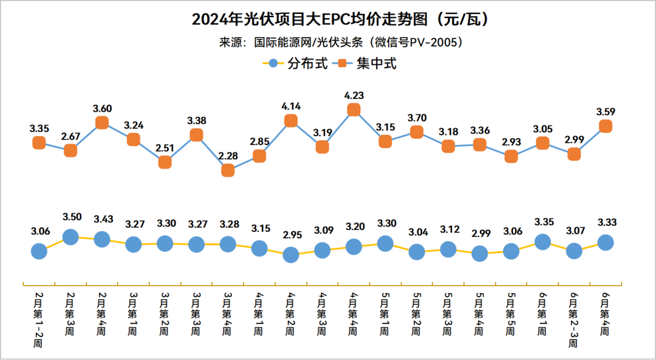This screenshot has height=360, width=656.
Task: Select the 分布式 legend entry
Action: coord(299,63)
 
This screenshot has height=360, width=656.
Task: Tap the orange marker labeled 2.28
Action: coord(228,171)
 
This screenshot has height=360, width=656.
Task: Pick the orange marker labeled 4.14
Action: coord(291,121)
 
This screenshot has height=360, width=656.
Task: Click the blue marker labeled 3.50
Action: coord(70,237)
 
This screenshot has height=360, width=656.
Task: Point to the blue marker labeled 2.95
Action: coord(291,255)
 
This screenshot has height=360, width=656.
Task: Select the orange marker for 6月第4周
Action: coord(606,126)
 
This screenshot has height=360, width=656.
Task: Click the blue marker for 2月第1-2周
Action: coord(39,251)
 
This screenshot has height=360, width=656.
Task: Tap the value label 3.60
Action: coord(102,109)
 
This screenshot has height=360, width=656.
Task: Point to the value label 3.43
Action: coord(102,219)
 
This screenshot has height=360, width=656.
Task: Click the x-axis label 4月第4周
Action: coord(354,314)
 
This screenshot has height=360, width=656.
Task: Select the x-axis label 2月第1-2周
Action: coord(39,319)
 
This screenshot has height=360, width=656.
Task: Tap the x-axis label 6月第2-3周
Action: coord(573,319)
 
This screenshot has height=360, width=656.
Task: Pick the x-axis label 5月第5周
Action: coord(511,314)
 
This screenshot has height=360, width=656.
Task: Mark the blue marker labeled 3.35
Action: coord(542,242)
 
